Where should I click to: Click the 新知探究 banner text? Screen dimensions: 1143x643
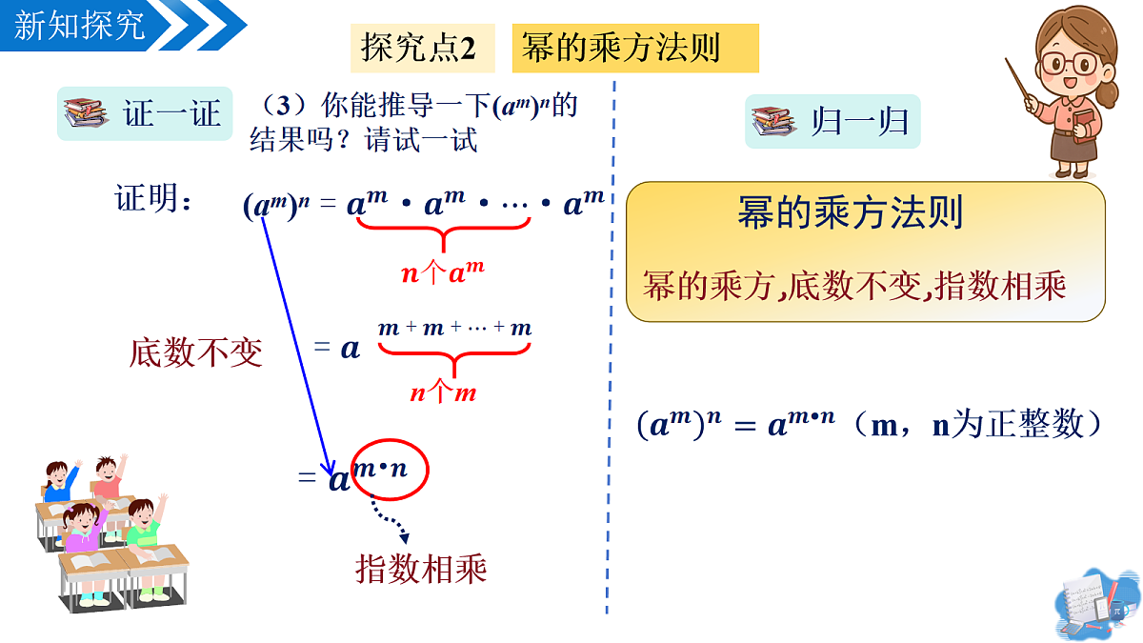pyautogui.click(x=79, y=26)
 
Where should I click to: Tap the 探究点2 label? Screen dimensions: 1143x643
pyautogui.click(x=418, y=48)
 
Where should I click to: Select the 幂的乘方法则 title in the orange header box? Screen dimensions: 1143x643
pyautogui.click(x=620, y=48)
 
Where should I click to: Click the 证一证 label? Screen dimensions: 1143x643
pyautogui.click(x=172, y=113)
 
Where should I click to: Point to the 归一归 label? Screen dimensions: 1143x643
pyautogui.click(x=860, y=122)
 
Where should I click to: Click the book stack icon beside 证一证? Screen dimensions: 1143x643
pyautogui.click(x=85, y=112)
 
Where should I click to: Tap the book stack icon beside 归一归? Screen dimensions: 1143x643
pyautogui.click(x=773, y=122)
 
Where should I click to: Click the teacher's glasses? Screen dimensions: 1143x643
pyautogui.click(x=1069, y=64)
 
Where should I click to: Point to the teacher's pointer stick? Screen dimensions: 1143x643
pyautogui.click(x=1018, y=82)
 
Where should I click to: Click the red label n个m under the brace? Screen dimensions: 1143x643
pyautogui.click(x=443, y=392)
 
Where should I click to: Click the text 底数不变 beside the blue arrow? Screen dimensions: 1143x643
pyautogui.click(x=196, y=352)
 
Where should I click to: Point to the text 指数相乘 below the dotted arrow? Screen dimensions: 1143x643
pyautogui.click(x=421, y=569)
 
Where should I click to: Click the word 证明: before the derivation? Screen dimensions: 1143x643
pyautogui.click(x=152, y=198)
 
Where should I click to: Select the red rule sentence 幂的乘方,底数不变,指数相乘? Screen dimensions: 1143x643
pyautogui.click(x=854, y=286)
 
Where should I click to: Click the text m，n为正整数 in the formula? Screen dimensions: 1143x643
pyautogui.click(x=976, y=425)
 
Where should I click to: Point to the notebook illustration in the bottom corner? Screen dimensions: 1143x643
pyautogui.click(x=1096, y=605)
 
